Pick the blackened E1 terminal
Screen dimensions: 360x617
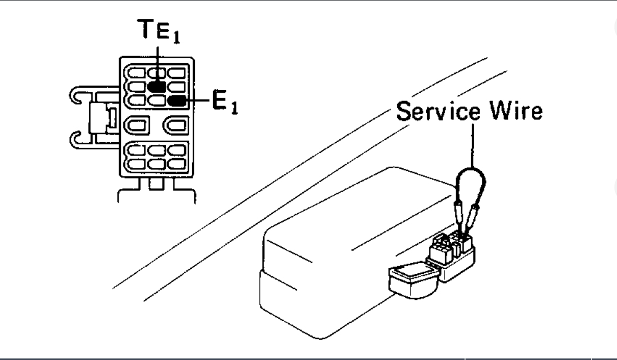tap(177, 100)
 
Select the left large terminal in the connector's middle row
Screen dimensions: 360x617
tap(137, 124)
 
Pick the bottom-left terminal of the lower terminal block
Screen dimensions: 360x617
tap(136, 164)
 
